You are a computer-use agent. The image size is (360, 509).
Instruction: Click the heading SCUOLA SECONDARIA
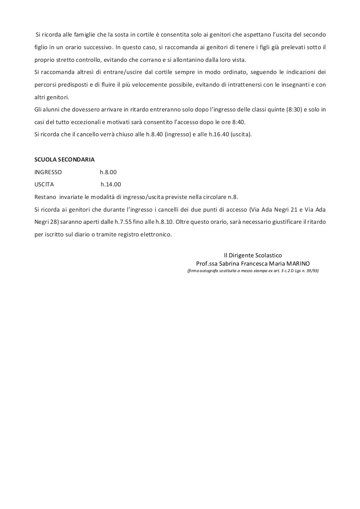65,160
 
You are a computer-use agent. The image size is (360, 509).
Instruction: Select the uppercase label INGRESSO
48,172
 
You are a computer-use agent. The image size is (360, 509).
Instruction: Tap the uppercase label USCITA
44,184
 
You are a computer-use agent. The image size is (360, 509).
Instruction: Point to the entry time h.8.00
108,172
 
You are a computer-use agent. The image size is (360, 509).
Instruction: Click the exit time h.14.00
111,184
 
